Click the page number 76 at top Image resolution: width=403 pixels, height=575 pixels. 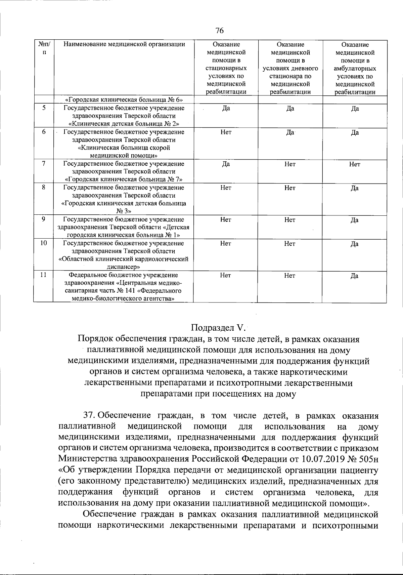[x=219, y=31]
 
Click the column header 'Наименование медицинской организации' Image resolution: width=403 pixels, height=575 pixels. [x=124, y=44]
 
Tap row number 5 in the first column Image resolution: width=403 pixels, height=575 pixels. [x=44, y=108]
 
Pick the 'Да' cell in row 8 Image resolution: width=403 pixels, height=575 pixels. [x=355, y=188]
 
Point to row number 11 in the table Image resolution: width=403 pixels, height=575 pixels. [x=43, y=275]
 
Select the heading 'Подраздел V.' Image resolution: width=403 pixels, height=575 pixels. [x=219, y=327]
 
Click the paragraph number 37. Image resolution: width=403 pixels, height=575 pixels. [x=89, y=416]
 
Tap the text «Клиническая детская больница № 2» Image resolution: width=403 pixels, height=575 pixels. [x=124, y=124]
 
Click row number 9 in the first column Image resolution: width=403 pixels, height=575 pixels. [x=44, y=219]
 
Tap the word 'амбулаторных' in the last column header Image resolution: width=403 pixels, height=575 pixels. [x=355, y=68]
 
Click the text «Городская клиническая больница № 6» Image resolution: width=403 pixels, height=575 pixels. [x=124, y=100]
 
